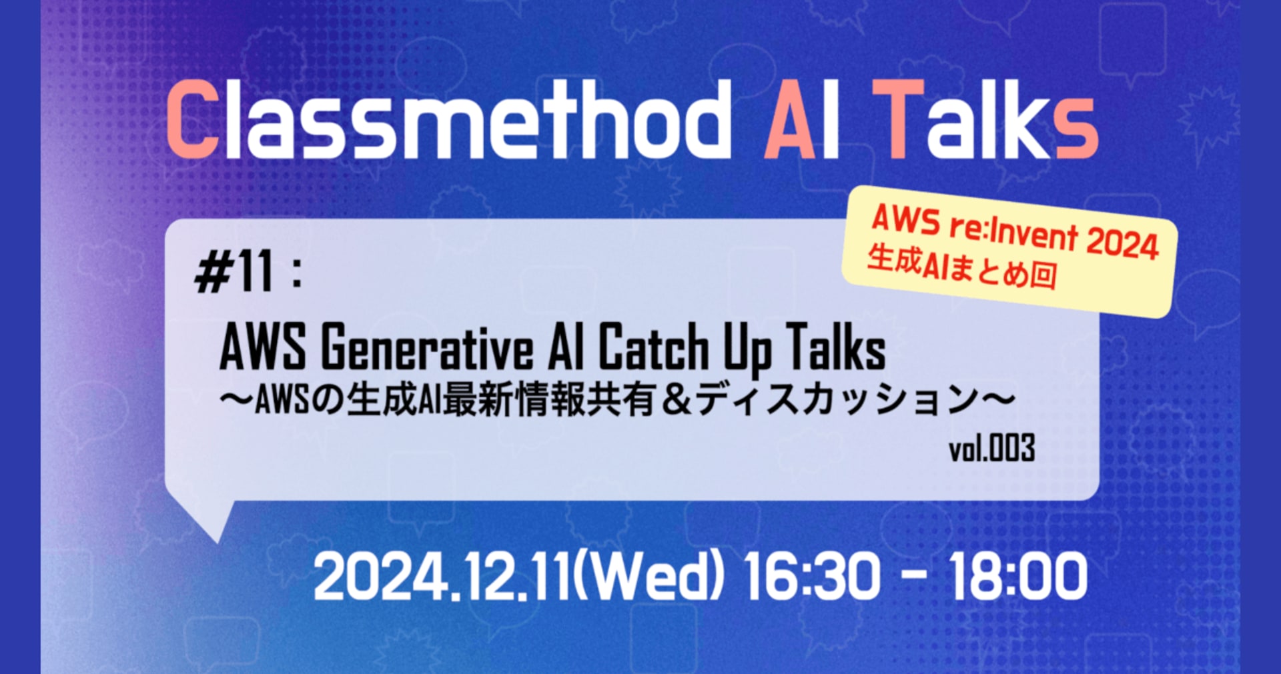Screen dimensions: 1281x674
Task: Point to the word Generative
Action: [427, 347]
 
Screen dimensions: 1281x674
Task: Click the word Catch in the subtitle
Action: [653, 347]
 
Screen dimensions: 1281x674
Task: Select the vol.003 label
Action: [992, 448]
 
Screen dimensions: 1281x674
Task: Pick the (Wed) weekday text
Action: [647, 577]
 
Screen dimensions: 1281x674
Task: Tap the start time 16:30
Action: [812, 577]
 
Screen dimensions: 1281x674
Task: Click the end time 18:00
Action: [1018, 577]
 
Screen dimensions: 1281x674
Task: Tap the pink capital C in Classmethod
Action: [193, 120]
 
